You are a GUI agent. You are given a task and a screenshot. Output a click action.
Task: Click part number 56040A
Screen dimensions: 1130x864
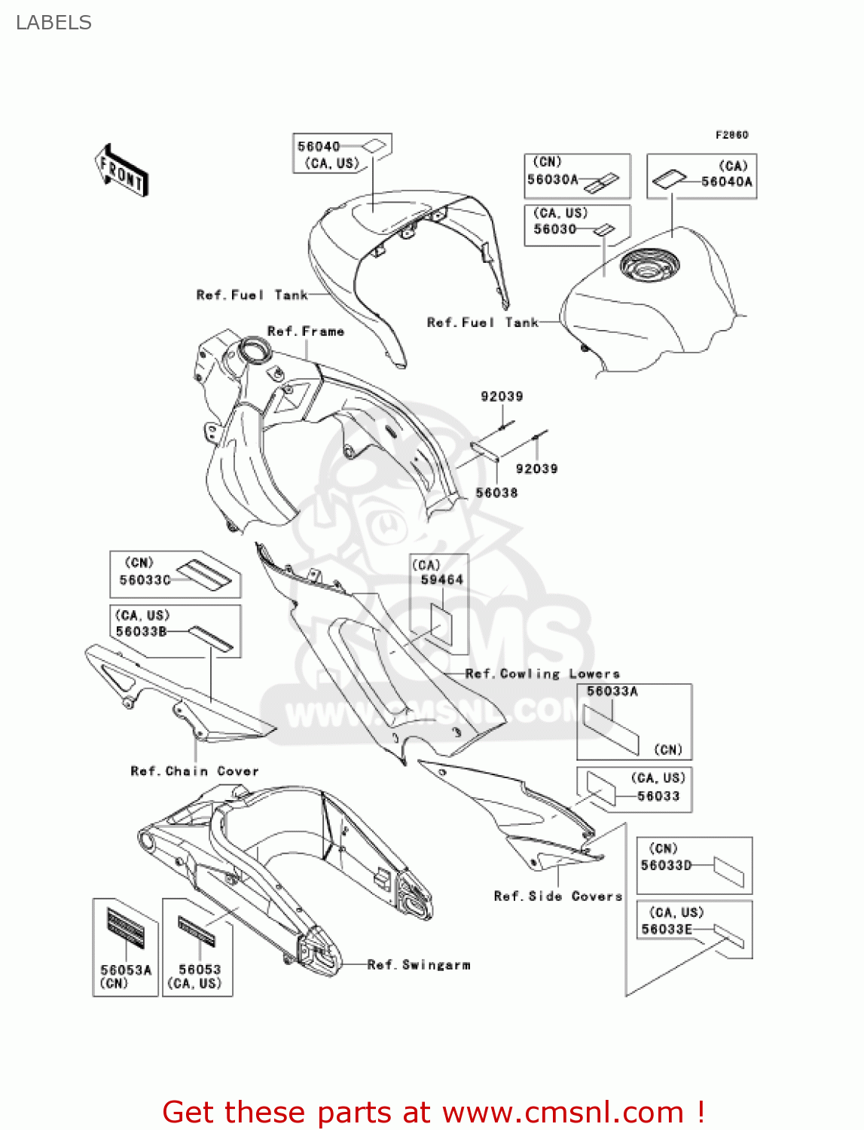pos(726,182)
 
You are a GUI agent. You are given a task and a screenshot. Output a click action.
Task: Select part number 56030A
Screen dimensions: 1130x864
pos(552,179)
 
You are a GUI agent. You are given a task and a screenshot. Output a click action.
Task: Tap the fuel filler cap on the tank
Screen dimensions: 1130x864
pos(649,265)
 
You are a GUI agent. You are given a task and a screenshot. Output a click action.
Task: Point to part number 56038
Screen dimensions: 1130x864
pos(496,493)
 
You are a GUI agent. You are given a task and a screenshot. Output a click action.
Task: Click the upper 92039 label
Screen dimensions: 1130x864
pos(502,396)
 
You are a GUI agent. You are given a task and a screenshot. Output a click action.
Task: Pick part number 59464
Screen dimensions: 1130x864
pos(441,579)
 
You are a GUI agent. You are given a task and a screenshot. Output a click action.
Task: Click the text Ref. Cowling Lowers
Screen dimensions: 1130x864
pos(542,673)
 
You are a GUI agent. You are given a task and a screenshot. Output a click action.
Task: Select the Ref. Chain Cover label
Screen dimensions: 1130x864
pos(194,771)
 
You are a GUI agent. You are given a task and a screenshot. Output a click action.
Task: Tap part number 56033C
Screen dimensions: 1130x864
pos(145,580)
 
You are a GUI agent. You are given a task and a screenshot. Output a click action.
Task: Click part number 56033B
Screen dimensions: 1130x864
pos(141,631)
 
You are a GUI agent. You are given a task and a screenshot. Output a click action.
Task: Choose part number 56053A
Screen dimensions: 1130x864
pos(126,970)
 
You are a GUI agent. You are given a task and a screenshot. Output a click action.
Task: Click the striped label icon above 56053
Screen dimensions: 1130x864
pos(197,931)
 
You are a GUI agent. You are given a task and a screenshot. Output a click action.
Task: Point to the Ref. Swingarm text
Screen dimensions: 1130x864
pos(419,964)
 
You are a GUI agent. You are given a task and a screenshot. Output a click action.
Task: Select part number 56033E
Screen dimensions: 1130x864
pos(666,929)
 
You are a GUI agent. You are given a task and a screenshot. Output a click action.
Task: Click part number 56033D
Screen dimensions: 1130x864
pos(666,865)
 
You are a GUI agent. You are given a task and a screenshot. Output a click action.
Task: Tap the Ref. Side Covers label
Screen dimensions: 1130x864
pos(557,896)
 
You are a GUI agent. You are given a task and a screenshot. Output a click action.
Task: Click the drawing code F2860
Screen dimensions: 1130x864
pos(731,135)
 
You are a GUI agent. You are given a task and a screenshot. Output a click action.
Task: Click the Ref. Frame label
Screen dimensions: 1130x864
pos(306,331)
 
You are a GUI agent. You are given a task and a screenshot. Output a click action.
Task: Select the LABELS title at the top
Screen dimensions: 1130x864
pos(53,23)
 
